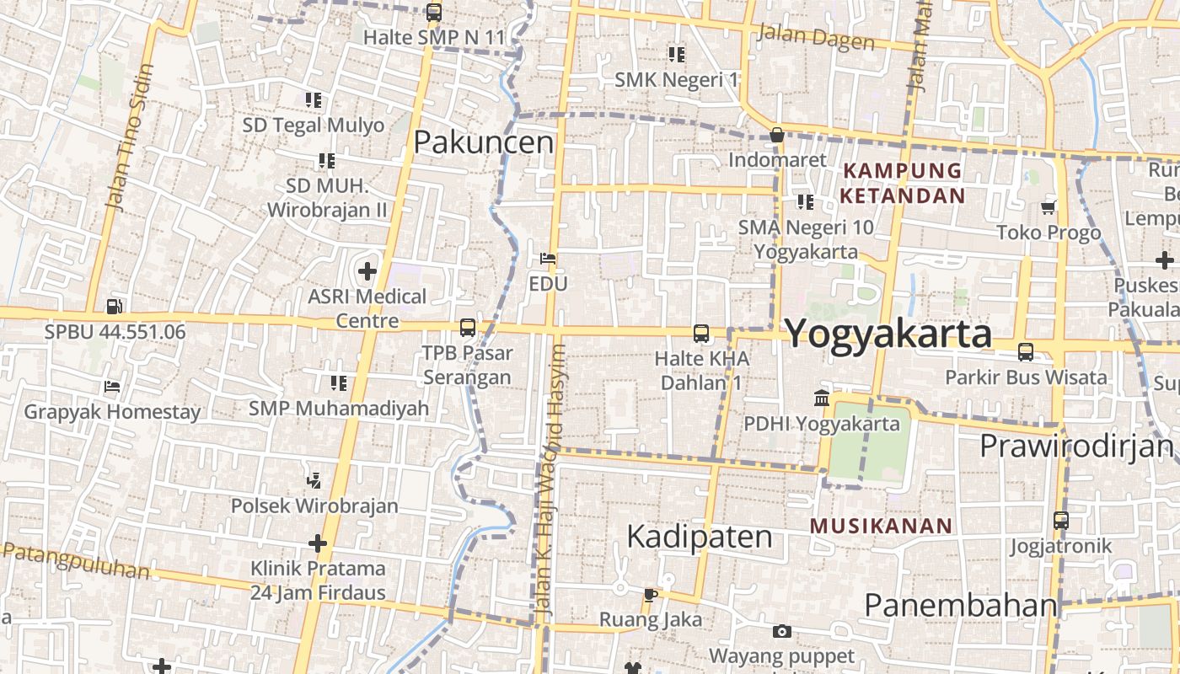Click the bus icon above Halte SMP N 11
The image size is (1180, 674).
point(434,13)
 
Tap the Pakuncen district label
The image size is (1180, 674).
point(484,142)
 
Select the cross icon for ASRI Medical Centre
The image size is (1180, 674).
point(367,271)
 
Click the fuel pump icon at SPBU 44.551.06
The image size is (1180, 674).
point(115,308)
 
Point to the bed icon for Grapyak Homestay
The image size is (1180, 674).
point(112,387)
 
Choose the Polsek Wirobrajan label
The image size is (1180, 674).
point(314,505)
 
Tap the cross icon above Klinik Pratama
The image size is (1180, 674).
point(318,543)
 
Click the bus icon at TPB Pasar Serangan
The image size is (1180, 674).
point(467,328)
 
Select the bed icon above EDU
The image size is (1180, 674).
point(548,258)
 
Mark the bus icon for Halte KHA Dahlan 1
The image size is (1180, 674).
point(701,334)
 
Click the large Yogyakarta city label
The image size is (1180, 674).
point(888,334)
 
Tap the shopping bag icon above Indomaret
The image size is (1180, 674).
point(777,135)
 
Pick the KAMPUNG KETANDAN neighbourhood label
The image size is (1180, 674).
point(903,183)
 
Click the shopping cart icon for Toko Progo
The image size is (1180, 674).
point(1049,207)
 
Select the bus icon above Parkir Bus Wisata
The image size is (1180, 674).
point(1026,352)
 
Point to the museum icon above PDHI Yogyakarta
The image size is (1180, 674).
point(822,398)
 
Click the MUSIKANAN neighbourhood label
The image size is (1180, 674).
point(881,527)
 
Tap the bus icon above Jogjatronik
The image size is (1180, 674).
point(1061,521)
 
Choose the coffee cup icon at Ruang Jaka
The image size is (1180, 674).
point(650,595)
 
